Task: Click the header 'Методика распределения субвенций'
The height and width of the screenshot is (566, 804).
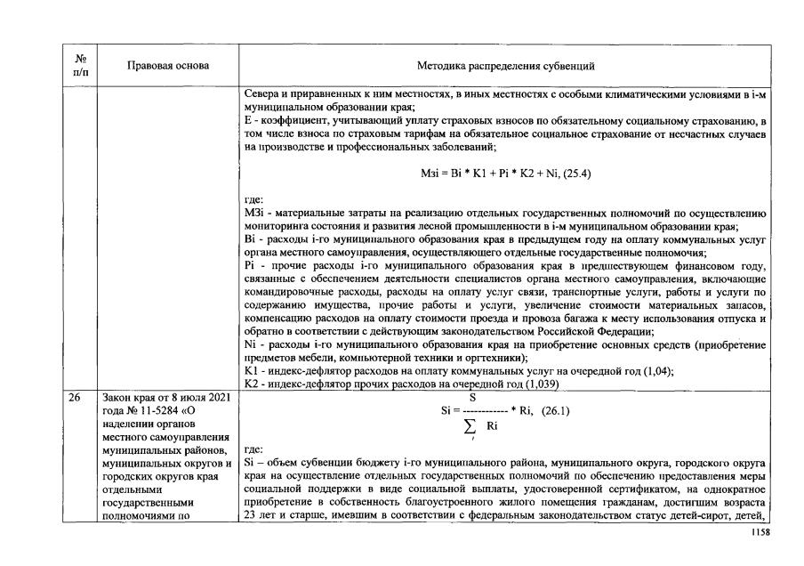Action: pyautogui.click(x=506, y=66)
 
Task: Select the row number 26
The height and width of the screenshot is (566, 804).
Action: pyautogui.click(x=75, y=400)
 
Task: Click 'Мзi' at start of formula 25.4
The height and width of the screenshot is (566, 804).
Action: pyautogui.click(x=430, y=174)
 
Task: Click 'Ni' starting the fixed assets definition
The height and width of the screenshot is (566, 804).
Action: pyautogui.click(x=249, y=344)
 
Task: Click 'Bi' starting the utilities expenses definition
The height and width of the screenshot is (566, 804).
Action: pyautogui.click(x=248, y=239)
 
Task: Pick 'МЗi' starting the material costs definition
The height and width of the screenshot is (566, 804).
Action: pyautogui.click(x=253, y=214)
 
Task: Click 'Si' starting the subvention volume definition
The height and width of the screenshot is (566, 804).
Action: pyautogui.click(x=248, y=464)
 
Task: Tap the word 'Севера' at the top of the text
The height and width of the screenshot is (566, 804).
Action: pyautogui.click(x=260, y=94)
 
